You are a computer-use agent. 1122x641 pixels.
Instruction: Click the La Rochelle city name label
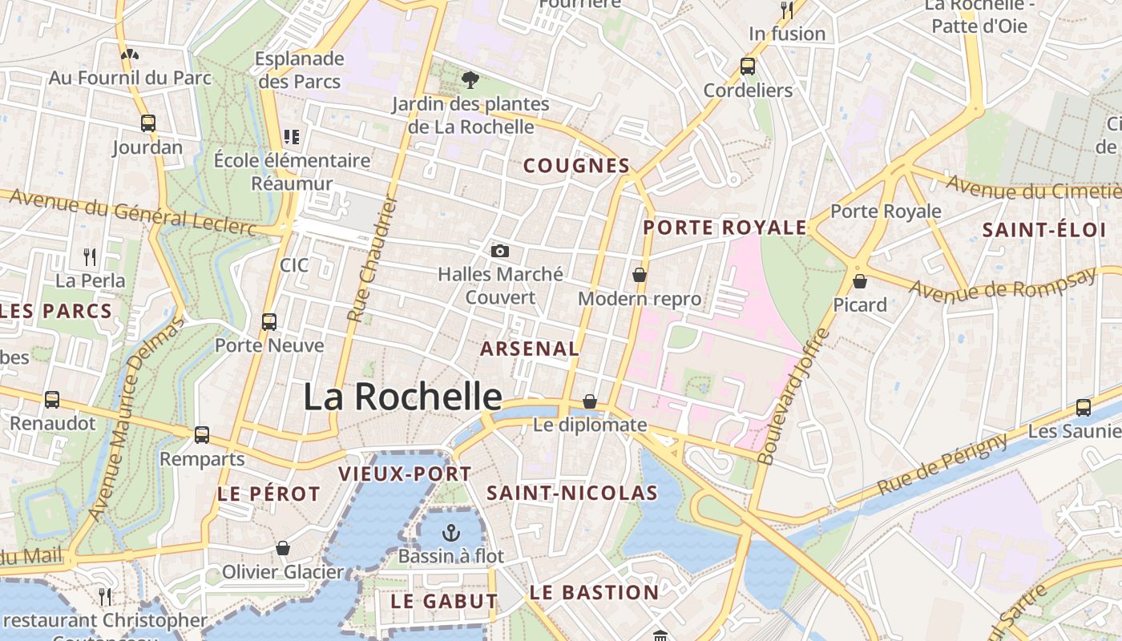pyautogui.click(x=402, y=397)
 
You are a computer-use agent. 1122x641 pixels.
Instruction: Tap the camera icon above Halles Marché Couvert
pyautogui.click(x=500, y=252)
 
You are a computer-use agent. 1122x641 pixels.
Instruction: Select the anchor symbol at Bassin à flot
pyautogui.click(x=451, y=533)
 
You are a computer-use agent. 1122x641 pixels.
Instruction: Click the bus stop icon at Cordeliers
pyautogui.click(x=748, y=67)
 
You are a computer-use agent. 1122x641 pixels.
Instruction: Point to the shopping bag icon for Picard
pyautogui.click(x=860, y=281)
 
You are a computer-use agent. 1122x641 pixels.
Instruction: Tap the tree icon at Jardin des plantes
pyautogui.click(x=470, y=79)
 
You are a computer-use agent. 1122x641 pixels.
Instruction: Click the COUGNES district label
pyautogui.click(x=576, y=166)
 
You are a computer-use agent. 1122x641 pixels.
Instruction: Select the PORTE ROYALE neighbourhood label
pyautogui.click(x=724, y=228)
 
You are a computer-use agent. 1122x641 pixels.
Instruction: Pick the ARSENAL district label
pyautogui.click(x=529, y=349)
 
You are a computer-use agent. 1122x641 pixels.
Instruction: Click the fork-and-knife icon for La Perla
pyautogui.click(x=90, y=257)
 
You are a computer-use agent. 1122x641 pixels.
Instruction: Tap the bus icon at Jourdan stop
pyautogui.click(x=147, y=123)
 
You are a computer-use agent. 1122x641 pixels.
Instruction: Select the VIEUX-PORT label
pyautogui.click(x=405, y=474)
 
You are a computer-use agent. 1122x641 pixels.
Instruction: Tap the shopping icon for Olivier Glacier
pyautogui.click(x=282, y=549)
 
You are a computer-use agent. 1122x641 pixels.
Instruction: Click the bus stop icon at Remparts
pyautogui.click(x=202, y=435)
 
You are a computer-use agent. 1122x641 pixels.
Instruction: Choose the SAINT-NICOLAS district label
pyautogui.click(x=572, y=493)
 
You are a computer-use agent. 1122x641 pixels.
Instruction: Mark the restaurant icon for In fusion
pyautogui.click(x=787, y=10)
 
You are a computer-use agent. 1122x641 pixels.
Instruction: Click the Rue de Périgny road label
pyautogui.click(x=942, y=464)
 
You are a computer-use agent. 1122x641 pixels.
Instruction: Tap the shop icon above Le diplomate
pyautogui.click(x=590, y=401)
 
